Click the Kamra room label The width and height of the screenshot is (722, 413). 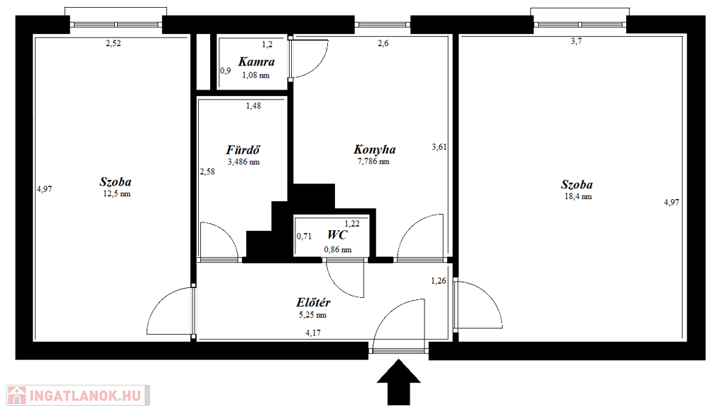coord(257,61)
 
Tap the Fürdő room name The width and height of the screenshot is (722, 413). coord(243,150)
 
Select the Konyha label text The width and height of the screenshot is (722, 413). coord(374,150)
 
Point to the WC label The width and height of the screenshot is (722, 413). coord(337,235)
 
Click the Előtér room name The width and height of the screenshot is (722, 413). coord(313,302)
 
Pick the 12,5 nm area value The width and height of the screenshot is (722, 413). coord(116,194)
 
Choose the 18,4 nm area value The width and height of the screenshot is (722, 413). coord(578,197)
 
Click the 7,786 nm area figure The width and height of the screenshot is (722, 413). coord(374,162)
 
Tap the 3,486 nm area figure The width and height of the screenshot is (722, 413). coord(243,162)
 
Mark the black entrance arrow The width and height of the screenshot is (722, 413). coord(399,382)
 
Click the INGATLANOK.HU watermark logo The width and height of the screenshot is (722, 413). coord(78,395)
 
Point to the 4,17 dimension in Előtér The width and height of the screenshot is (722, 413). coord(313,333)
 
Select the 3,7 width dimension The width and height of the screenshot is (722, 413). coord(576,42)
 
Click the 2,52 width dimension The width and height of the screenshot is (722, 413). coord(114,44)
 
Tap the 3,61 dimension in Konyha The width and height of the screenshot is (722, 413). coord(439,148)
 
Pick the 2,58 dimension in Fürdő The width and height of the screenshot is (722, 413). coord(207,172)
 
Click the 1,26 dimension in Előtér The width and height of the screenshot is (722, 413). coord(439,281)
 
